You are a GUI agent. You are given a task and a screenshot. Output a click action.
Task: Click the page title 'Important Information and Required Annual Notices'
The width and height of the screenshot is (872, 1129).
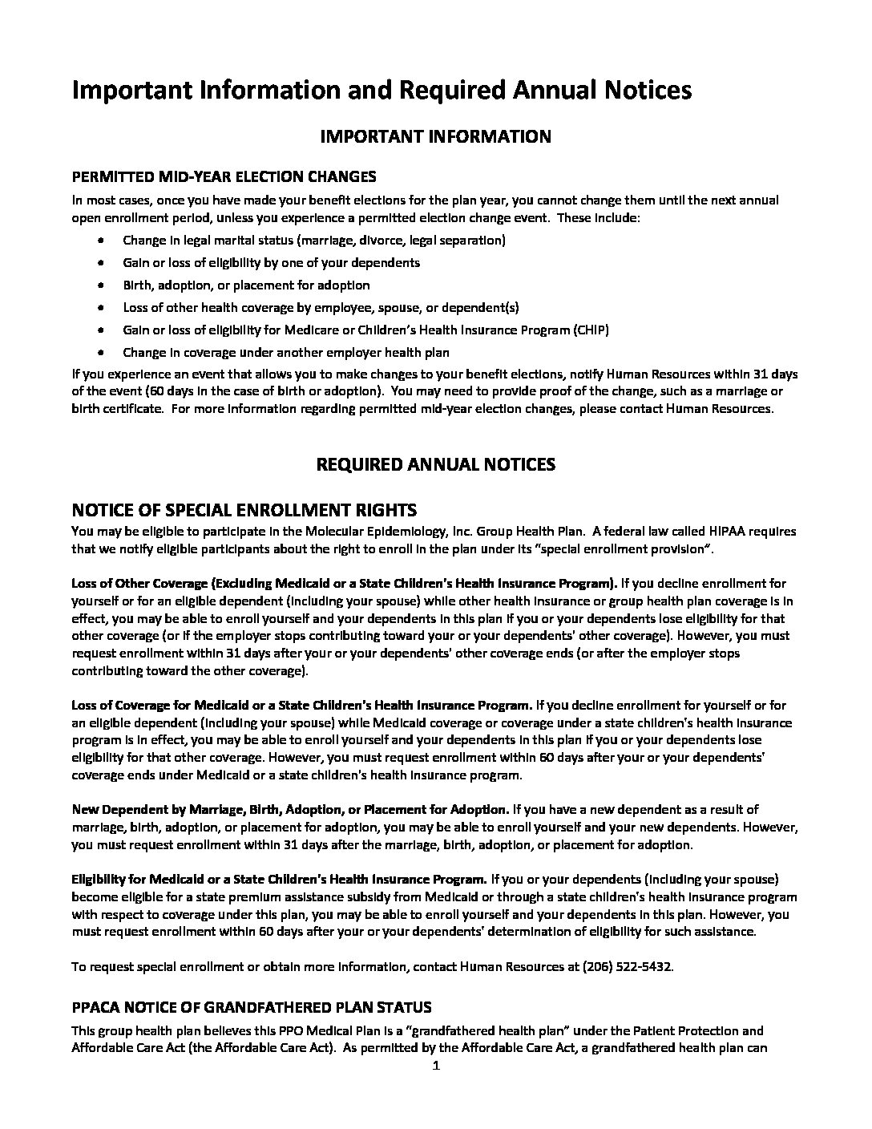click(381, 91)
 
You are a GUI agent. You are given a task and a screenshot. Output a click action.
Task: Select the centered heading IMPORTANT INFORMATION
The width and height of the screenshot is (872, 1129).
click(435, 136)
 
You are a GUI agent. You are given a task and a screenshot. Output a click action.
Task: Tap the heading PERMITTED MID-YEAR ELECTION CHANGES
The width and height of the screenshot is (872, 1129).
click(224, 176)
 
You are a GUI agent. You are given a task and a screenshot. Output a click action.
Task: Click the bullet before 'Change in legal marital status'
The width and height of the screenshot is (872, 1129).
click(99, 241)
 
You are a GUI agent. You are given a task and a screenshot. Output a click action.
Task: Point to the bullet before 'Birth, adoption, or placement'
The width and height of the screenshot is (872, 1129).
click(99, 285)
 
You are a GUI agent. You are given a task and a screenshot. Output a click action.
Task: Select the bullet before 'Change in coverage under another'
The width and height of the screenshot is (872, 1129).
click(99, 353)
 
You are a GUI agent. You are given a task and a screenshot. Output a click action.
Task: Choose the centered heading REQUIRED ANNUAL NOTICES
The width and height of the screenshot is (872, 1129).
click(435, 464)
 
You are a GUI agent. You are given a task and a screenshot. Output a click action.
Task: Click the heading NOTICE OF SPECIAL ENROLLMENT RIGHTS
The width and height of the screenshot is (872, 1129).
click(244, 510)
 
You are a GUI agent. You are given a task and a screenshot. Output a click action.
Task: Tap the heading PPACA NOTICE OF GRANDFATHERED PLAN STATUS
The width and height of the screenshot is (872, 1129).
click(252, 1007)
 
